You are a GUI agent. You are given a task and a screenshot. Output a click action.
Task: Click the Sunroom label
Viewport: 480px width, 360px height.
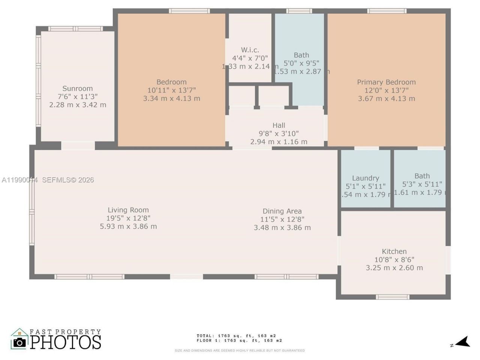[x=77, y=88]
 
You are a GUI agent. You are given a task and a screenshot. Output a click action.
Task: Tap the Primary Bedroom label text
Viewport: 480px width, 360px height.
[x=386, y=82]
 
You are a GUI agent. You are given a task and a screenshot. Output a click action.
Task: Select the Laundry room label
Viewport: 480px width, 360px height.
[x=365, y=178]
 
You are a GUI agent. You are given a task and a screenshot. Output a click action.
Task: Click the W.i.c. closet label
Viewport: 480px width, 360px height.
[x=250, y=50]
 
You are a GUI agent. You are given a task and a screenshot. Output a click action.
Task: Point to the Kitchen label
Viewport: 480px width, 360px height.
[x=394, y=252]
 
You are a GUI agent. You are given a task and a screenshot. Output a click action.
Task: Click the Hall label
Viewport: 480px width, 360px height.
[x=279, y=125]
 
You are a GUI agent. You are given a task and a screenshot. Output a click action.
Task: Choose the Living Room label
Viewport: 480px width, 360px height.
[x=128, y=210]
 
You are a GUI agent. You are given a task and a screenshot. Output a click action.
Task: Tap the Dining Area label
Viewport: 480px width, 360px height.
[x=282, y=211]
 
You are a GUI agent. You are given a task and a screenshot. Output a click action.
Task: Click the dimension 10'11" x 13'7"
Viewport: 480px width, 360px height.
[x=171, y=90]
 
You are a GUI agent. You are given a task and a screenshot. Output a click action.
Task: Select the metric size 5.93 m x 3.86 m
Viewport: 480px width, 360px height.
[x=128, y=226]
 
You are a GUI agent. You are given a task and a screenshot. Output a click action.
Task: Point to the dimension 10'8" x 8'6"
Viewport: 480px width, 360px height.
[x=394, y=259]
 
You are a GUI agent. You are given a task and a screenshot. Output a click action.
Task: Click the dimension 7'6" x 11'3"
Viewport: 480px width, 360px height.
[x=77, y=97]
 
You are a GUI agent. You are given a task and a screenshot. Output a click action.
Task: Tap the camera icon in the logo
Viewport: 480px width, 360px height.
[x=19, y=342]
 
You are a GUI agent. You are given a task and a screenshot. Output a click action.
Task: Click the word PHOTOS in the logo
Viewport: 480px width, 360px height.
[x=66, y=342]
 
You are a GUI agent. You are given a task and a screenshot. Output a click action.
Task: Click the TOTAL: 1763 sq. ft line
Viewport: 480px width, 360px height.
[x=236, y=336]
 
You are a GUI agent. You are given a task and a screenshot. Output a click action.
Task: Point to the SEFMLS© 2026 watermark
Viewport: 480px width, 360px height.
[x=68, y=180]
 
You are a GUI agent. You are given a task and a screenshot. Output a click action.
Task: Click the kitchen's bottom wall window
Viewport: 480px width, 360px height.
[x=393, y=297]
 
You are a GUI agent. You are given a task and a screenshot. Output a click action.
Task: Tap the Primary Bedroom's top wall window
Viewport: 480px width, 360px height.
[x=387, y=11]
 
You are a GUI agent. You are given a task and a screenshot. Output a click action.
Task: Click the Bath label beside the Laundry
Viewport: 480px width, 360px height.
[x=422, y=176]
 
